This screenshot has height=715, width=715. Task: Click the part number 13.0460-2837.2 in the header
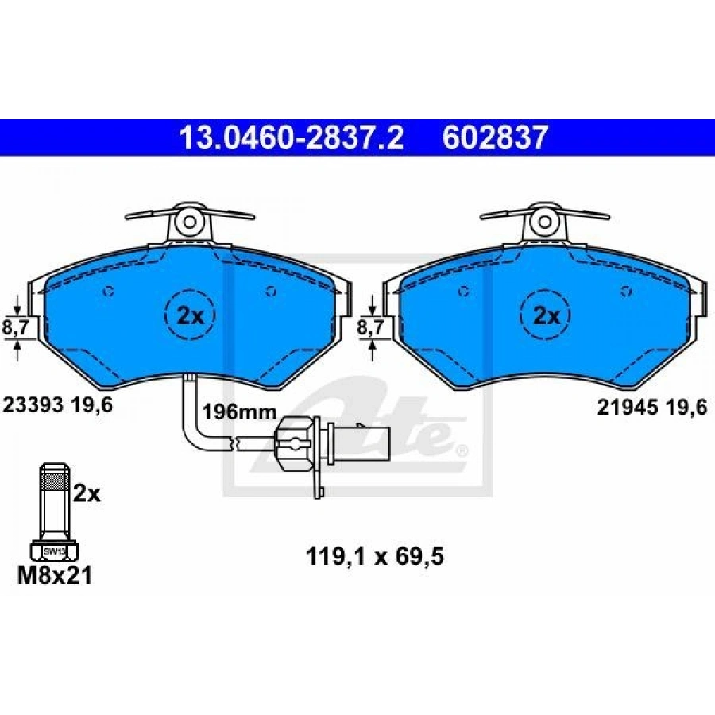[x=292, y=137]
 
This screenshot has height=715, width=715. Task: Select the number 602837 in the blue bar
[x=494, y=137]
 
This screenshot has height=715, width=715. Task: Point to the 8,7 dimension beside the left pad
[x=16, y=328]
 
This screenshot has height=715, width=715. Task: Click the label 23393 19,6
[x=57, y=405]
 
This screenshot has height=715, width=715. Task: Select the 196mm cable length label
[x=239, y=412]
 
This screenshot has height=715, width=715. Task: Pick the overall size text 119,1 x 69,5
[x=375, y=557]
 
